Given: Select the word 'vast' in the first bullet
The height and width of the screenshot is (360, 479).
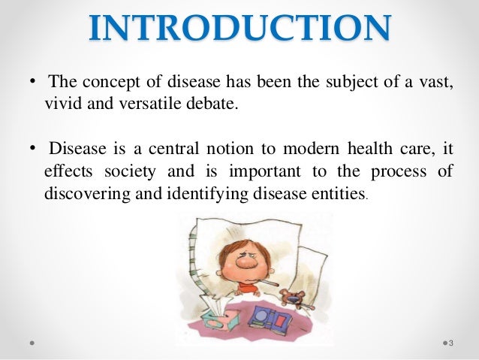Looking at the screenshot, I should (x=438, y=81).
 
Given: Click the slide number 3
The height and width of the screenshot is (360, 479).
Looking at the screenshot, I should (x=451, y=343).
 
